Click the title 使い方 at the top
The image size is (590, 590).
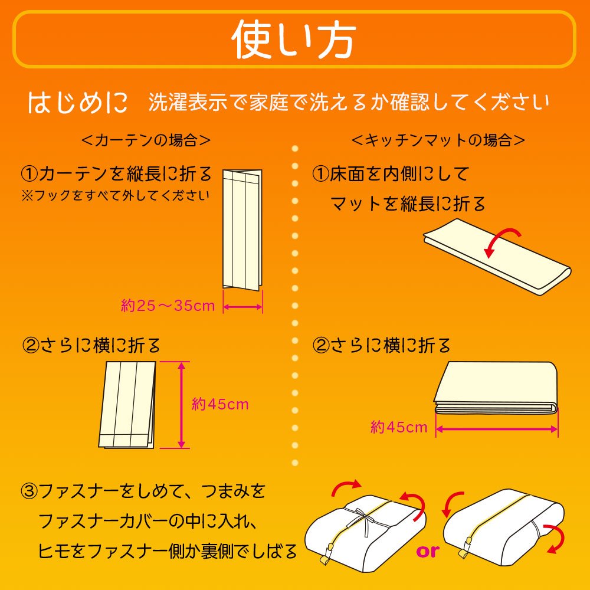pos(294,40)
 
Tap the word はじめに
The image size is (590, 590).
pos(77,102)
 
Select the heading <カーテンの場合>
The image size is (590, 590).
pos(146,140)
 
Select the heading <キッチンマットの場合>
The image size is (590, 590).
pos(438,140)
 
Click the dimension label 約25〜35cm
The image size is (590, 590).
pos(168,306)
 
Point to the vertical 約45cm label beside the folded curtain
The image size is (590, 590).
pos(220,405)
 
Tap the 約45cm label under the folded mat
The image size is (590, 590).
pos(399,427)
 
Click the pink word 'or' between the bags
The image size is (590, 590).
pos(428,551)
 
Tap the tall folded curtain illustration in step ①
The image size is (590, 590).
pos(242,230)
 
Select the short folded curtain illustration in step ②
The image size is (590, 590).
pos(127,405)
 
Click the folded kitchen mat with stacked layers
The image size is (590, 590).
pos(496,388)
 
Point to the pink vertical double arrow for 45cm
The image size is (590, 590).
pos(182,405)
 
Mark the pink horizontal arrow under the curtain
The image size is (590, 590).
pos(242,307)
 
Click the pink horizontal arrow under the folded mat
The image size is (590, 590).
pos(497,429)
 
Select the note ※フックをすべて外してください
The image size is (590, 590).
pos(116,196)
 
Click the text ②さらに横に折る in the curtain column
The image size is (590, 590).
pos(91,345)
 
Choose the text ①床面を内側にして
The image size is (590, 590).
pos(391,174)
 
